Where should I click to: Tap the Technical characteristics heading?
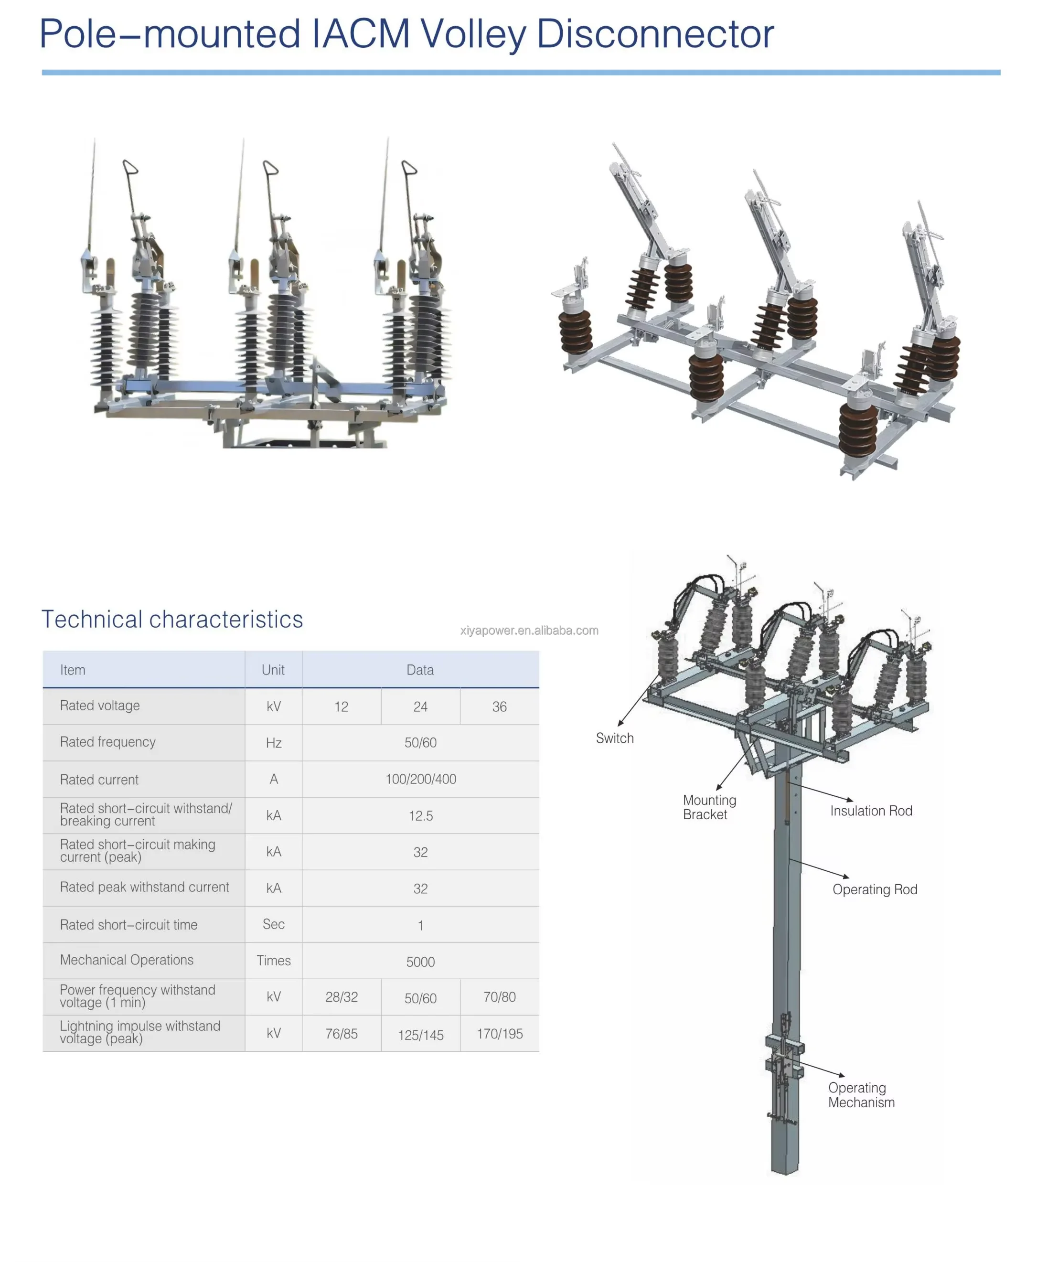click(x=172, y=620)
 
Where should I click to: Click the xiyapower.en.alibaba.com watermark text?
click(x=529, y=631)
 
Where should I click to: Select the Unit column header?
click(x=273, y=670)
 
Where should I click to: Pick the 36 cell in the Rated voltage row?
click(x=499, y=707)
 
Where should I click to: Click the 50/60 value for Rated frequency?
click(x=420, y=743)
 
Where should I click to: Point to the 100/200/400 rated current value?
click(x=420, y=780)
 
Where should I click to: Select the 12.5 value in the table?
click(x=420, y=816)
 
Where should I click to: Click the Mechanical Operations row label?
click(x=127, y=960)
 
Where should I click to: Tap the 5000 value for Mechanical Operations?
click(x=420, y=962)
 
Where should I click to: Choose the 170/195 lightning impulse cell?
click(x=499, y=1034)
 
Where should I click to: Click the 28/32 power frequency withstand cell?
click(x=341, y=997)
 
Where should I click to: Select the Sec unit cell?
click(x=273, y=924)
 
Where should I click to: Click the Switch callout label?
click(x=615, y=738)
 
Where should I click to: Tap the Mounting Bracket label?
click(x=709, y=808)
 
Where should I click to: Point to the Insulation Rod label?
click(x=871, y=811)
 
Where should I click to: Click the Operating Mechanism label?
click(x=861, y=1095)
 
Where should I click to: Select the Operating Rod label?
click(x=875, y=890)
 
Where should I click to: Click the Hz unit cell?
click(x=273, y=743)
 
